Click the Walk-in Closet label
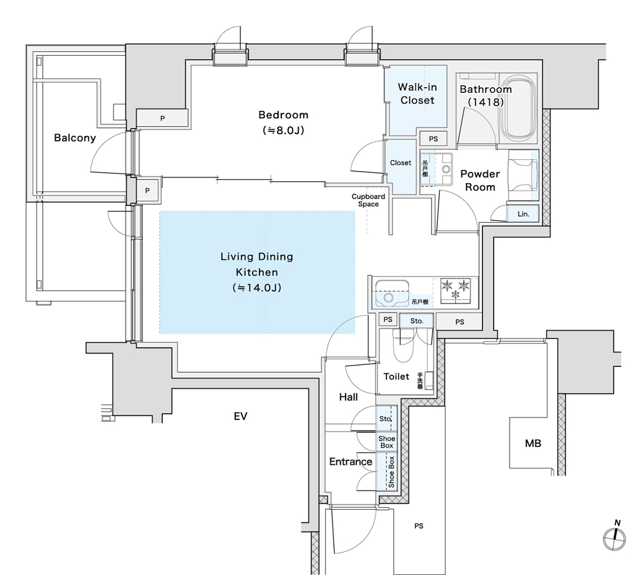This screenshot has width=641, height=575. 417,93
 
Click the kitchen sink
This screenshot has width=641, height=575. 392,293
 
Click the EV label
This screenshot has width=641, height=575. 240,416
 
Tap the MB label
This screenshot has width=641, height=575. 533,443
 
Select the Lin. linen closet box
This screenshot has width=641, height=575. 523,214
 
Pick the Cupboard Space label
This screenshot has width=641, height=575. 368,200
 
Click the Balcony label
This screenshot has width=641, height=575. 75,138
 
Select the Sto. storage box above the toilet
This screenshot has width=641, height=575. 417,321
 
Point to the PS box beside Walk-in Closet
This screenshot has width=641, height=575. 433,139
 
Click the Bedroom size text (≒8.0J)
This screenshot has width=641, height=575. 283,130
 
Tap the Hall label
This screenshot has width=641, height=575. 348,397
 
